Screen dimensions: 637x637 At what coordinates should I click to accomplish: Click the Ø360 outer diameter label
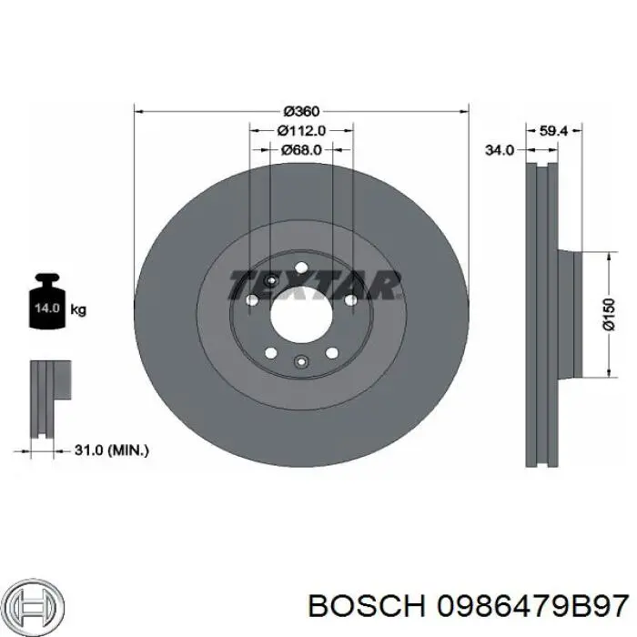(301, 112)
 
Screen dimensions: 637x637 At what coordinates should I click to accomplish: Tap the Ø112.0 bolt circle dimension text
(301, 130)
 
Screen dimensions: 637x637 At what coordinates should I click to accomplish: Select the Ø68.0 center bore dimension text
(301, 149)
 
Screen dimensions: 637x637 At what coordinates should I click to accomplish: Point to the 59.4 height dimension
(553, 131)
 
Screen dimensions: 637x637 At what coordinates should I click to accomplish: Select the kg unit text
(78, 310)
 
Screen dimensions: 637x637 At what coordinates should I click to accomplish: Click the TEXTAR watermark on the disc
(315, 284)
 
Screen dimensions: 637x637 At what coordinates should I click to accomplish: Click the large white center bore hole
(301, 314)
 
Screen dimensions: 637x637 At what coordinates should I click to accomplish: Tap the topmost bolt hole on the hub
(301, 266)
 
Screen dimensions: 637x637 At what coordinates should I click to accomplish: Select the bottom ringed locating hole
(301, 363)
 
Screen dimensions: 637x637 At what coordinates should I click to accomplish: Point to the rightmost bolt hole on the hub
(349, 298)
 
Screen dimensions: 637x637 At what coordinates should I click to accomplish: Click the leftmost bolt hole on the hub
(252, 298)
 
